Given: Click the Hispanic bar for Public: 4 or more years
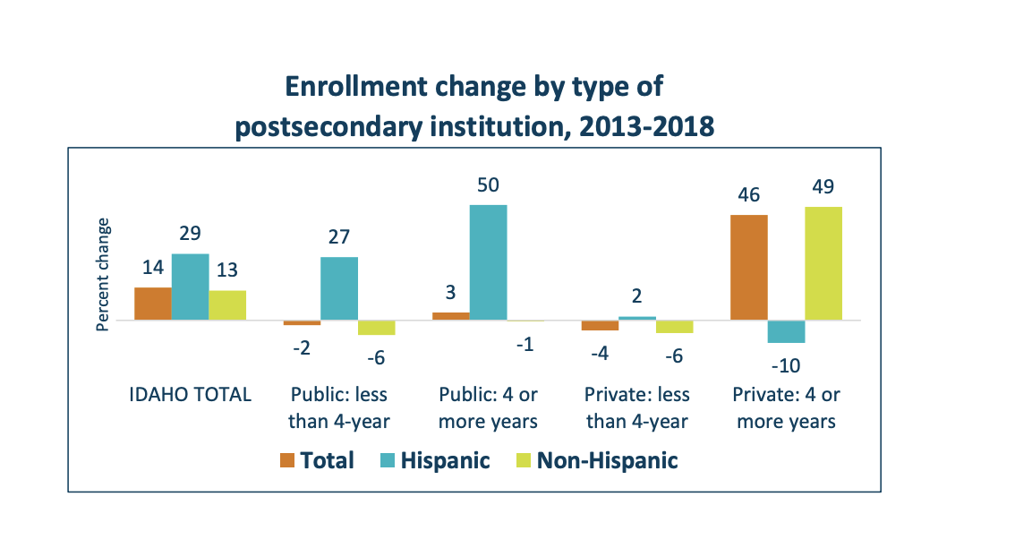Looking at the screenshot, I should (x=488, y=262).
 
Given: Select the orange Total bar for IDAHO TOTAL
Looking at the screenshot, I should (x=152, y=304).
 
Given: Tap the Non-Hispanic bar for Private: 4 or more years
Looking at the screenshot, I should (x=823, y=263).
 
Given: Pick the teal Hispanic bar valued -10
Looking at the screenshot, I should (x=786, y=331).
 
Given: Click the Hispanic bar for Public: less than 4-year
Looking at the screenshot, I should (x=338, y=288).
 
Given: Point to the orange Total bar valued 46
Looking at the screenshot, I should (x=749, y=268).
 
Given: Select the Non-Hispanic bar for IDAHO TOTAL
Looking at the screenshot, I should (x=227, y=305).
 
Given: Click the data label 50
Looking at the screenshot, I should (x=488, y=185).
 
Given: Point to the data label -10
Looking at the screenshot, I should (x=785, y=365).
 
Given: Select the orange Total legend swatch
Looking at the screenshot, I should (x=286, y=460).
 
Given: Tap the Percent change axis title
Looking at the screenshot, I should (x=103, y=275).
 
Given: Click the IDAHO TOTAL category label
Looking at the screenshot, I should (x=189, y=395).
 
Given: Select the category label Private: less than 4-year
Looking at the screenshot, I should (x=636, y=407).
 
